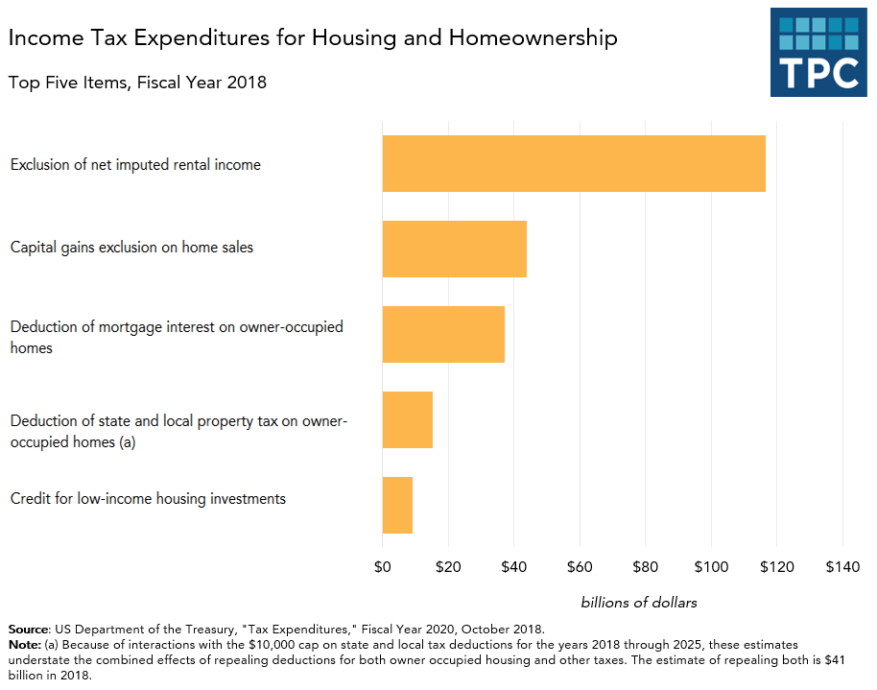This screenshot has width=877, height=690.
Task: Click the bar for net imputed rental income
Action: [x=573, y=163]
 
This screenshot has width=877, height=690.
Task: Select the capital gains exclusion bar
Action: [x=454, y=249]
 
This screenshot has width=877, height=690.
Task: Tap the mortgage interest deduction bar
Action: [x=442, y=334]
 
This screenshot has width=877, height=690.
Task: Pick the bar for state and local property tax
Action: [x=407, y=419]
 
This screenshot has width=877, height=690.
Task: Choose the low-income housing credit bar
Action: [x=396, y=505]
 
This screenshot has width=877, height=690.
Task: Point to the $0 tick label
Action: [x=382, y=567]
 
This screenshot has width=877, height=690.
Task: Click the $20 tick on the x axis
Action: [x=447, y=567]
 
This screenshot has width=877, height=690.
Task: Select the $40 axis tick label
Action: [x=513, y=567]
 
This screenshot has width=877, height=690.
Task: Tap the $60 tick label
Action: [x=580, y=567]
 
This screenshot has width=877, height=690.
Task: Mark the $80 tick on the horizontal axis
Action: [x=645, y=567]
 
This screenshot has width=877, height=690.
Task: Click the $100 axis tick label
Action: [x=711, y=567]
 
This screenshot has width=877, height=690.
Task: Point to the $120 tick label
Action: [x=776, y=567]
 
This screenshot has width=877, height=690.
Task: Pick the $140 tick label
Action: [x=842, y=567]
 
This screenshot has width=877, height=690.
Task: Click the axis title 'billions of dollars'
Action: [x=639, y=603]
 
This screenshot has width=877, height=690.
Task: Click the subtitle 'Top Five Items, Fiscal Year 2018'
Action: [x=137, y=83]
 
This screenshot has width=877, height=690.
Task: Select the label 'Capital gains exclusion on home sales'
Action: [x=131, y=248]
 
